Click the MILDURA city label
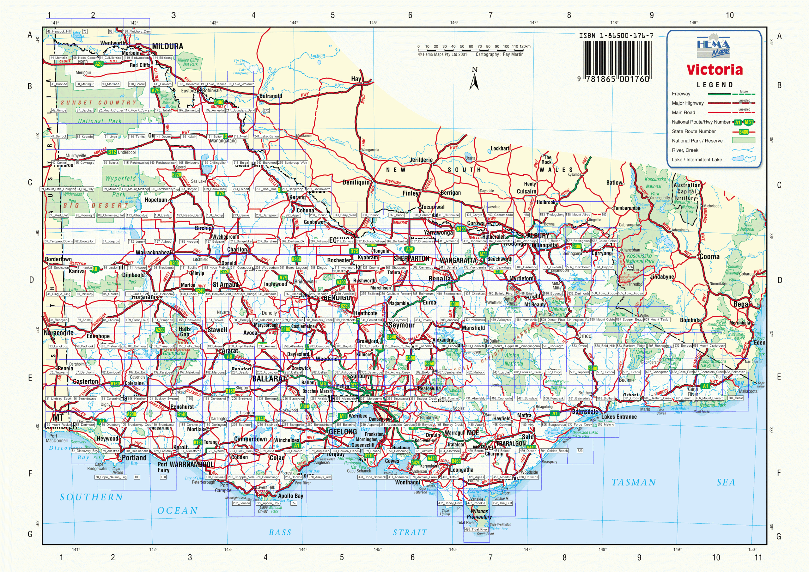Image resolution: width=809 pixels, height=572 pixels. pyautogui.click(x=167, y=46)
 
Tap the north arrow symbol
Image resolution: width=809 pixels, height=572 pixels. pyautogui.click(x=474, y=79)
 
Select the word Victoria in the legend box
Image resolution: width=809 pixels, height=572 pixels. pyautogui.click(x=714, y=70)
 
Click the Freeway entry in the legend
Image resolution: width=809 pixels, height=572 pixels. pyautogui.click(x=681, y=94)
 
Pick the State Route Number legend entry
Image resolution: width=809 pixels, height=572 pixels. pyautogui.click(x=693, y=131)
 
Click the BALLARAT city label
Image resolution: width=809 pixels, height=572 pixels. pyautogui.click(x=269, y=379)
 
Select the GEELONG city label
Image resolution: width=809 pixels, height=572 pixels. pyautogui.click(x=343, y=432)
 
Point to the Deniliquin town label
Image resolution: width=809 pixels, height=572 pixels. pyautogui.click(x=356, y=182)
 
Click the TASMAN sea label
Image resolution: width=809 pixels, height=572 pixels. pyautogui.click(x=634, y=483)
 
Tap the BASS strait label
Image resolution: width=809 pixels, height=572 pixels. pyautogui.click(x=280, y=532)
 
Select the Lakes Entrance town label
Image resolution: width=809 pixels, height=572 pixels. pyautogui.click(x=619, y=417)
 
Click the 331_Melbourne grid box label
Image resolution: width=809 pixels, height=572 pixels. pyautogui.click(x=371, y=399)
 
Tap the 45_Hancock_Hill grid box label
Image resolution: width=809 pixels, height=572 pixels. pyautogui.click(x=58, y=31)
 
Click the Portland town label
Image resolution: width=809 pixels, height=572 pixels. pyautogui.click(x=134, y=458)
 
